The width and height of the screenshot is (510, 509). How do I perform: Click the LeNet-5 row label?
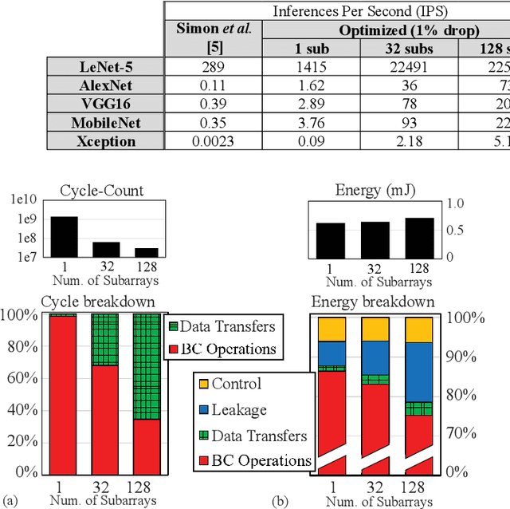click(x=104, y=67)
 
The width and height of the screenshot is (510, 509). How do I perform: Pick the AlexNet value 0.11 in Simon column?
click(x=212, y=85)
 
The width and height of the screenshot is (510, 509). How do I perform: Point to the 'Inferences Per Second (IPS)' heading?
click(x=336, y=10)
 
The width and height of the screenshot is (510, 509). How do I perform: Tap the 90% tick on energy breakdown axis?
click(x=466, y=356)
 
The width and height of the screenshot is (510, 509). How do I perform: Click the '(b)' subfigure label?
click(x=280, y=500)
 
